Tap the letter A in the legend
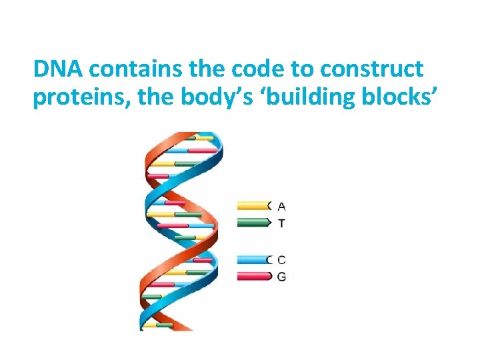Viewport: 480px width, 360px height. [x=281, y=206]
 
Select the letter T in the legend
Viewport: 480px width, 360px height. [x=281, y=223]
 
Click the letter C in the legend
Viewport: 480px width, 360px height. [x=281, y=260]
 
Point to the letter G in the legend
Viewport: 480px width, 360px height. [x=281, y=276]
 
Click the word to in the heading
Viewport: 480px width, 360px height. [x=293, y=69]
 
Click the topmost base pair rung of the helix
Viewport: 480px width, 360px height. [x=200, y=139]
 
